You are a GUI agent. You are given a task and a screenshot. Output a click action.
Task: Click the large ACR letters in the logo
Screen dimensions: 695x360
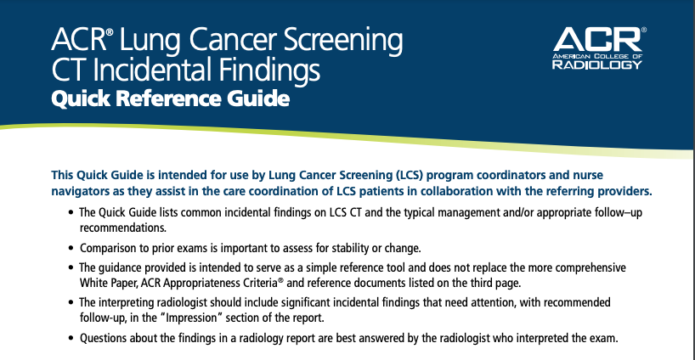pos(597,39)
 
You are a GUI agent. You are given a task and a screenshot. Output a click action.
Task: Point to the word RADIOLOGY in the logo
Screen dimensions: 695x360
pos(597,65)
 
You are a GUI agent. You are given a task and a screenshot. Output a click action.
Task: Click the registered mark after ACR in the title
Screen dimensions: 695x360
pos(110,33)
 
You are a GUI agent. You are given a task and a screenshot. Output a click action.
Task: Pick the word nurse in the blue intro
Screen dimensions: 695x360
pos(588,175)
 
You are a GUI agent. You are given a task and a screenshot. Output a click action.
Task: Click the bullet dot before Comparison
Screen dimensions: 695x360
pos(71,248)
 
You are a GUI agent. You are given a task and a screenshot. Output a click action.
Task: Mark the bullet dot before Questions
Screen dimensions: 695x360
pos(71,338)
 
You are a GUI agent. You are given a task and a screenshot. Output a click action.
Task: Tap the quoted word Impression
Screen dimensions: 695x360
pos(191,318)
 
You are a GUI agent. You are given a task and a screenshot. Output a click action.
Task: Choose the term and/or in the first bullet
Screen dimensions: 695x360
pos(518,212)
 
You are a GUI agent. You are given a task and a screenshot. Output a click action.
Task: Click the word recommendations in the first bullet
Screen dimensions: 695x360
pos(123,228)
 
